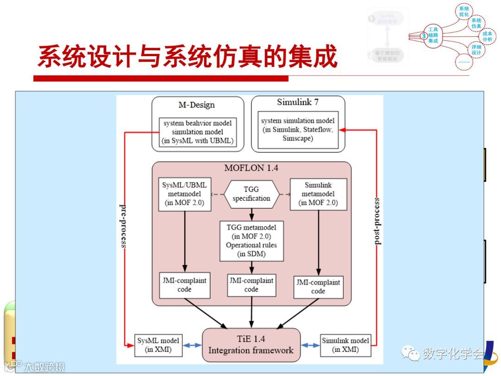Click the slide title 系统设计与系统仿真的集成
pyautogui.click(x=187, y=57)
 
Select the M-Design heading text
pyautogui.click(x=197, y=104)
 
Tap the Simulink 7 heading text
pyautogui.click(x=298, y=102)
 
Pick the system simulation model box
pyautogui.click(x=298, y=130)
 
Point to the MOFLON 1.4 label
pyautogui.click(x=251, y=168)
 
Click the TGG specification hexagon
pyautogui.click(x=251, y=194)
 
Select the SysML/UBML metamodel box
pyautogui.click(x=185, y=194)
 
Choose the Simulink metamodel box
pyautogui.click(x=318, y=194)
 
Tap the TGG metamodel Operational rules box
pyautogui.click(x=251, y=240)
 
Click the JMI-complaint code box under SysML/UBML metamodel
pyautogui.click(x=184, y=285)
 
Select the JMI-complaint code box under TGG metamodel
pyautogui.click(x=251, y=285)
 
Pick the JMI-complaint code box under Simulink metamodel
pyautogui.click(x=318, y=287)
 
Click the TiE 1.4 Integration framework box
pyautogui.click(x=251, y=345)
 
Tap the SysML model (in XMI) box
pyautogui.click(x=158, y=345)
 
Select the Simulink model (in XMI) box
pyautogui.click(x=345, y=345)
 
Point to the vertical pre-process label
pyautogui.click(x=123, y=225)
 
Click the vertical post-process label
pyautogui.click(x=377, y=221)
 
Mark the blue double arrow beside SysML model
pyautogui.click(x=192, y=345)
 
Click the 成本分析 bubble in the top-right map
pyautogui.click(x=487, y=36)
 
